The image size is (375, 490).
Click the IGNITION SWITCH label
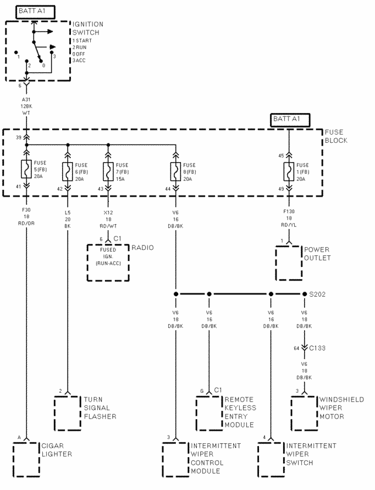coord(88,28)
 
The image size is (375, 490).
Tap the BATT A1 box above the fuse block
coord(288,119)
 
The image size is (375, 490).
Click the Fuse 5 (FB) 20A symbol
coord(26,170)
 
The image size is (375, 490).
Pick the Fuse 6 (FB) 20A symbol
coord(69,170)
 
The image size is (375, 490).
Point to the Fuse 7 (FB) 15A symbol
coord(107,170)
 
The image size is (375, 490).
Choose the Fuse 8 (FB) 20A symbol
coord(175,170)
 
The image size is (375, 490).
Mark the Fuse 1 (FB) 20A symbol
coord(288,170)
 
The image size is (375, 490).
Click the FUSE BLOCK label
coord(336,136)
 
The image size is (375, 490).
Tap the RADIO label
coord(142,248)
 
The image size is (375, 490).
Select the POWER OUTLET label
coord(317,253)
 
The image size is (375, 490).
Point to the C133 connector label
coord(317,348)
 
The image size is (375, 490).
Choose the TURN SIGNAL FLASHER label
coord(99,408)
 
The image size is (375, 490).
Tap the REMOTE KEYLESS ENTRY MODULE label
coord(239,412)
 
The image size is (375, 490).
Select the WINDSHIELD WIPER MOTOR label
coord(341,408)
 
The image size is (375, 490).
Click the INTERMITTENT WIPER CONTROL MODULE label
coord(214,458)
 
